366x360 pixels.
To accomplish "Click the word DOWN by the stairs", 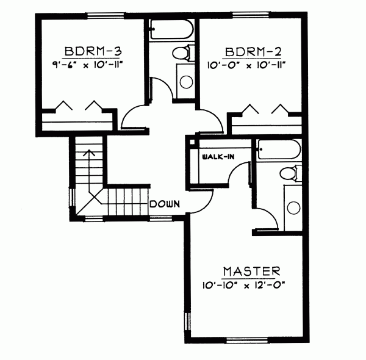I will point(165,204).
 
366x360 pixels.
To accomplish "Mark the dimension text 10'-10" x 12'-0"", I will point(251,284).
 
